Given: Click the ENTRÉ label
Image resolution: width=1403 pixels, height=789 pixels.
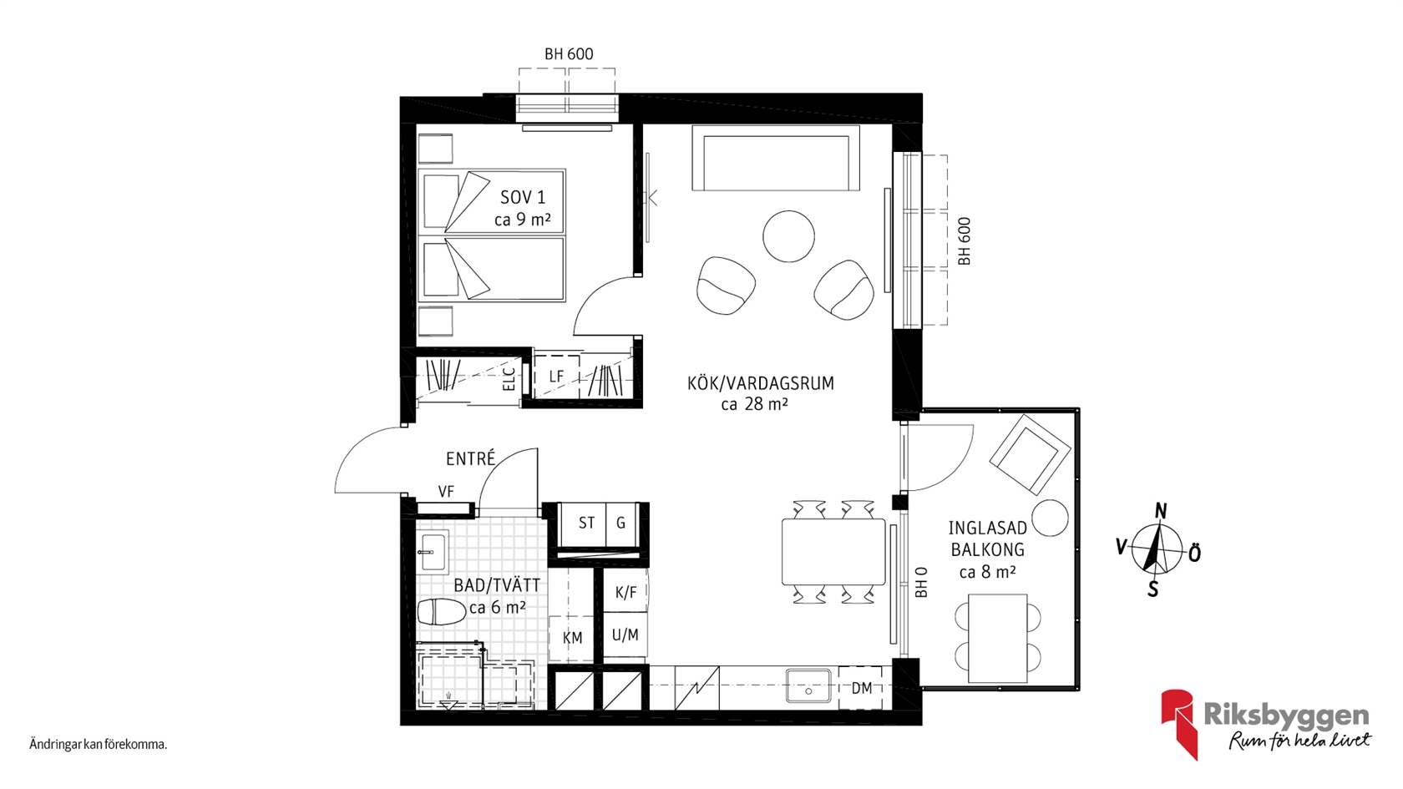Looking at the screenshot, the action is [470, 458].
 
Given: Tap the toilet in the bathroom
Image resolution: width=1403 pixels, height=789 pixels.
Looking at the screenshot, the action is [441, 612].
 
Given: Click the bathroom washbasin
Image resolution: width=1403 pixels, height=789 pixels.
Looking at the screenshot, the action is [433, 551].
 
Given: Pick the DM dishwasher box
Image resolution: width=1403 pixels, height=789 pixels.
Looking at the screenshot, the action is [860, 688].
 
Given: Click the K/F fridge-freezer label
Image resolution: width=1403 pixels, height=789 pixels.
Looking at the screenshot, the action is [626, 593].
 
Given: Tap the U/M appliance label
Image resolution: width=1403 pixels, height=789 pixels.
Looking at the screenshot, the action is [625, 635].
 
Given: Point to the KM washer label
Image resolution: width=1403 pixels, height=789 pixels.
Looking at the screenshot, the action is [573, 638].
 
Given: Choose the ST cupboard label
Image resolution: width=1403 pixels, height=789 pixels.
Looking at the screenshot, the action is [586, 523].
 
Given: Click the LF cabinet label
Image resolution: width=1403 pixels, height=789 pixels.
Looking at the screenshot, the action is [556, 376].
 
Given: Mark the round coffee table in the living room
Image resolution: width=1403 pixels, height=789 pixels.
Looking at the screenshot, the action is [788, 236].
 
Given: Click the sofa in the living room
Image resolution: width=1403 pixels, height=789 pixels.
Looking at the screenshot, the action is [775, 158].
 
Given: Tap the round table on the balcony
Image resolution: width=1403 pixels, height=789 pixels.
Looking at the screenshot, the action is [1050, 518].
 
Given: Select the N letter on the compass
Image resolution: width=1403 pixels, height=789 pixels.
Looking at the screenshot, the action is [1161, 512].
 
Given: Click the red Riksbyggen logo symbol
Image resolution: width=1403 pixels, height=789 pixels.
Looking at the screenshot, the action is [1179, 723].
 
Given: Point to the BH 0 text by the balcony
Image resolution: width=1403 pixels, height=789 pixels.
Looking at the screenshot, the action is [920, 582].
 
